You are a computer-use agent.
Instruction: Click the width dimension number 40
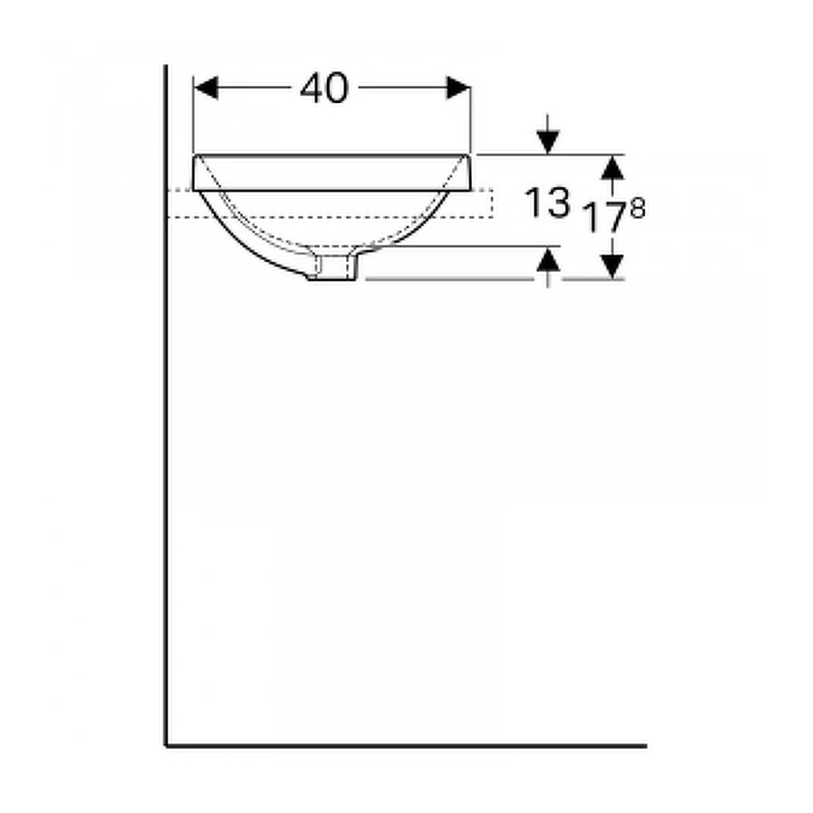tap(324, 88)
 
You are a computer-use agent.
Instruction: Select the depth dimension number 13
tap(547, 202)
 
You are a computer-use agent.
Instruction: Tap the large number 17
tap(604, 217)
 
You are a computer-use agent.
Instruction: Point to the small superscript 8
tap(637, 209)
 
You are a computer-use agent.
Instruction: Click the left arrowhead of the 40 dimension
tap(205, 88)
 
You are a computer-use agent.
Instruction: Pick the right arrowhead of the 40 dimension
tap(458, 88)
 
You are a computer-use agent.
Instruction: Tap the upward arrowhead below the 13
tap(548, 258)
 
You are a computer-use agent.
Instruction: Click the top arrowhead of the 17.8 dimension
tap(612, 167)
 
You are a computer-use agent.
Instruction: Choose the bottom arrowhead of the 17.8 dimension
tap(612, 266)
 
